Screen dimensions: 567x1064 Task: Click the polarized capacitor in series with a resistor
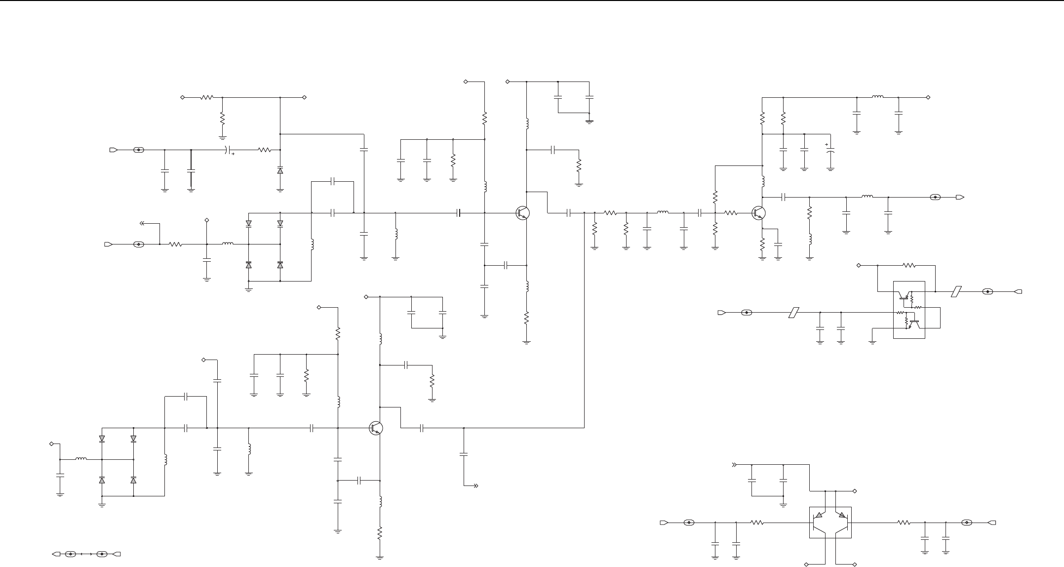click(228, 150)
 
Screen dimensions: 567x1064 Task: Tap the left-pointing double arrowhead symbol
click(142, 223)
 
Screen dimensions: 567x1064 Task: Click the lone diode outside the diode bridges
click(280, 170)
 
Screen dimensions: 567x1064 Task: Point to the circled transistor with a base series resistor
click(758, 213)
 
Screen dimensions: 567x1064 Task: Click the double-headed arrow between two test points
click(86, 554)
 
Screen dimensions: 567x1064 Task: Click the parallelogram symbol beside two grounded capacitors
click(793, 313)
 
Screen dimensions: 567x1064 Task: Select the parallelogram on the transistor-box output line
click(956, 292)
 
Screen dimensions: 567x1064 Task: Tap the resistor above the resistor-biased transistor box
click(909, 265)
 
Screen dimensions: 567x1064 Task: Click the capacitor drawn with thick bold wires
click(191, 171)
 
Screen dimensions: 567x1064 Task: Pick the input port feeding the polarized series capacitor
click(114, 150)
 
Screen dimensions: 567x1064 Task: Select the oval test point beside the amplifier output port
click(935, 197)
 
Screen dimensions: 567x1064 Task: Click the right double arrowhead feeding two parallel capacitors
click(734, 465)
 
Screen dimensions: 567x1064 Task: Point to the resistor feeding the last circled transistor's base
click(731, 213)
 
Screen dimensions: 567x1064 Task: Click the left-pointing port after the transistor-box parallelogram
click(1018, 292)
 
